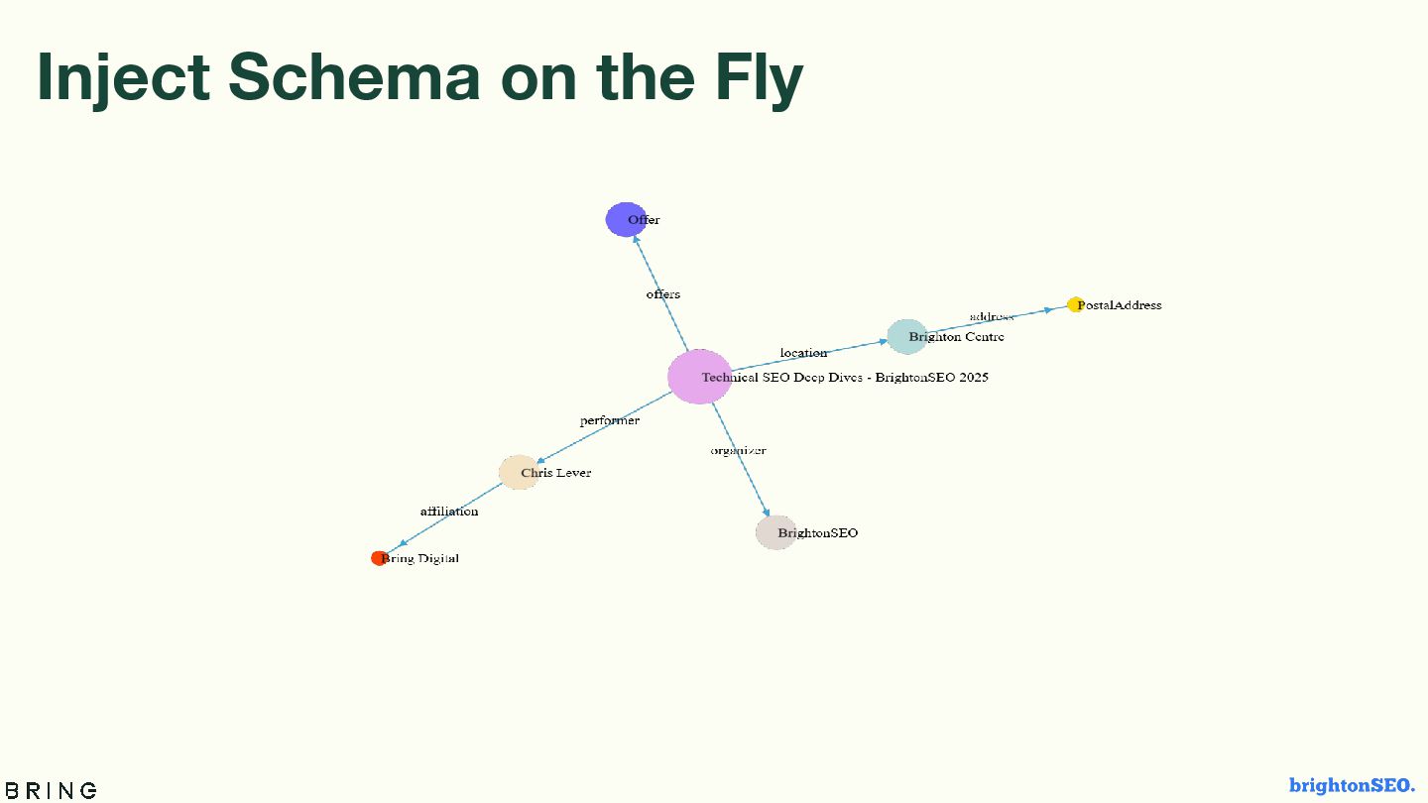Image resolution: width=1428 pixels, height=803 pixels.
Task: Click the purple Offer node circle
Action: tap(625, 219)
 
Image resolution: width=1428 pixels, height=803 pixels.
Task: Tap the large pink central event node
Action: tap(699, 377)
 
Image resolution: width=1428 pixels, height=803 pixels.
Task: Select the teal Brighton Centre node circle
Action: tap(906, 337)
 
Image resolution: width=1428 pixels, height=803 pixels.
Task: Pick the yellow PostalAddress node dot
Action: tap(1075, 304)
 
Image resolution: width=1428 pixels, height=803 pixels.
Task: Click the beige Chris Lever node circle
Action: tap(518, 473)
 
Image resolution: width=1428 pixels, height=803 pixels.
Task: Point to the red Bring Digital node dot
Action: tap(379, 558)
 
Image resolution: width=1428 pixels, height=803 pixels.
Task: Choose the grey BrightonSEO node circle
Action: tap(775, 532)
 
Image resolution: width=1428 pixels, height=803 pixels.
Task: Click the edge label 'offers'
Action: tap(663, 294)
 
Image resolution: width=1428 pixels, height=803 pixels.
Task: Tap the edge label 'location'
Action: tap(803, 353)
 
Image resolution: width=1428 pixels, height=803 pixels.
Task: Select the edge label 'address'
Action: tap(992, 316)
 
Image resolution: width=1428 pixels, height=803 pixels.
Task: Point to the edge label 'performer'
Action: tap(610, 420)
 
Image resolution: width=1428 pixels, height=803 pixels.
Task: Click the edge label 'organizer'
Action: tap(738, 451)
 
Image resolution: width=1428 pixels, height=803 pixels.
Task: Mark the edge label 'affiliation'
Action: tap(449, 512)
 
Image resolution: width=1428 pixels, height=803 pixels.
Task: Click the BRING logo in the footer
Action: tap(51, 790)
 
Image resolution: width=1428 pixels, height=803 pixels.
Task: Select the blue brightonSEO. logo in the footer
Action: tap(1352, 785)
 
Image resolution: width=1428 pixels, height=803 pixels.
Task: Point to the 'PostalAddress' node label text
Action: tap(1119, 305)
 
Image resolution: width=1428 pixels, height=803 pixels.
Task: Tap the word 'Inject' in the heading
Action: tap(123, 76)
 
